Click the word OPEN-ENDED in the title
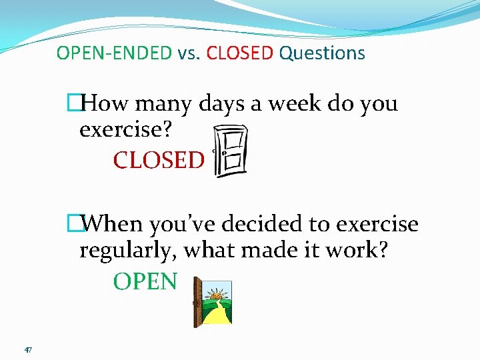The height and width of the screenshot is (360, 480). click(x=114, y=53)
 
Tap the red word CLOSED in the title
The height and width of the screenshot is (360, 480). click(x=240, y=53)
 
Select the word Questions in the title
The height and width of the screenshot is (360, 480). click(x=322, y=53)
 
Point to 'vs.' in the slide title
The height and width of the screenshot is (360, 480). click(x=189, y=53)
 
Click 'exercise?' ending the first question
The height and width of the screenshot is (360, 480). click(x=125, y=130)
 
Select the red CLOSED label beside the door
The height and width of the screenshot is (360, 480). click(x=159, y=160)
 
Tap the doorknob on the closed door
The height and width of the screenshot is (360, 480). click(x=215, y=151)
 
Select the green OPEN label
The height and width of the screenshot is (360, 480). click(x=145, y=281)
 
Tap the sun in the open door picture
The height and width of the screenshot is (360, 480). click(x=217, y=293)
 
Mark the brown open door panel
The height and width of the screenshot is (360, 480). click(x=197, y=302)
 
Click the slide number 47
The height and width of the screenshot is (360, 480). click(x=27, y=349)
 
